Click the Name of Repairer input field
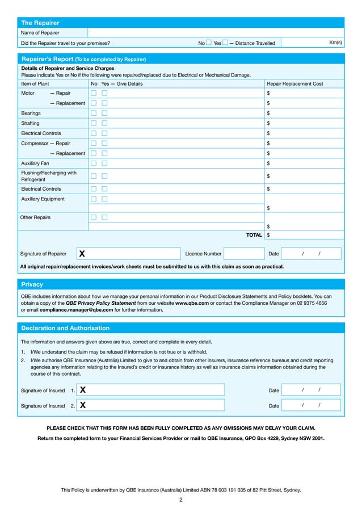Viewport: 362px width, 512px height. [216, 33]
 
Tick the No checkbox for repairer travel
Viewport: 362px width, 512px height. [208, 43]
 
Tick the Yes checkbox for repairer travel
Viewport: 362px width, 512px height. [225, 43]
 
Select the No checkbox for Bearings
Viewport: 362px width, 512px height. [94, 113]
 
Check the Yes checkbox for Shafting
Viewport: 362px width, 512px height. [104, 123]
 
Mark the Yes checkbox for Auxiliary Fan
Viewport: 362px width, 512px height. [104, 163]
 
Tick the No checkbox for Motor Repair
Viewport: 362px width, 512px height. [94, 93]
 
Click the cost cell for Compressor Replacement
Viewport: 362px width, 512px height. [304, 153]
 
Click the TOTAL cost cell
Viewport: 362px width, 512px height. [304, 234]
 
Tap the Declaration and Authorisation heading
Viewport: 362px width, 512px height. [65, 328]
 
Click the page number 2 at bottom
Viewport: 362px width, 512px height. [180, 500]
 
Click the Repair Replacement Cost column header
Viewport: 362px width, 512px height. [294, 83]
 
